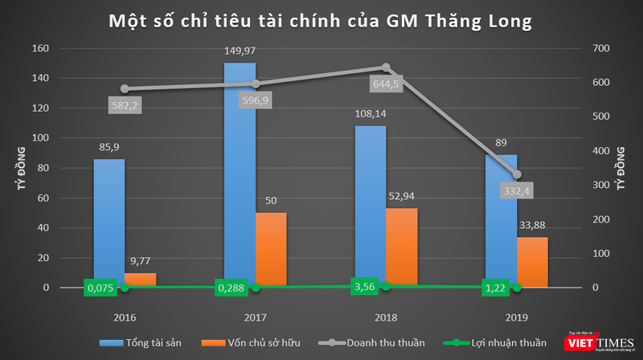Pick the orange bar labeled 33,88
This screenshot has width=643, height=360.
click(x=532, y=262)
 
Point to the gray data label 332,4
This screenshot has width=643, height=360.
click(x=518, y=190)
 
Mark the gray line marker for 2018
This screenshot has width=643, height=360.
click(x=386, y=67)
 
